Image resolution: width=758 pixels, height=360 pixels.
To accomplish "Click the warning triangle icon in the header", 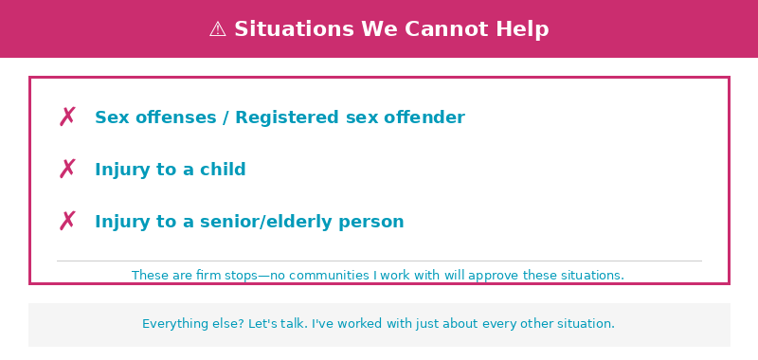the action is [x=218, y=29].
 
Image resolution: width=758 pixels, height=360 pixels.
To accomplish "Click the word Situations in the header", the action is [x=295, y=29].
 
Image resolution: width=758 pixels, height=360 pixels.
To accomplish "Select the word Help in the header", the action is [x=526, y=29].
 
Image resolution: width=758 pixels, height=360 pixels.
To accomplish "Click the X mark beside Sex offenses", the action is [x=67, y=117].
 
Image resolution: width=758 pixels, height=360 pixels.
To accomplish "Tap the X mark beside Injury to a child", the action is [x=67, y=170].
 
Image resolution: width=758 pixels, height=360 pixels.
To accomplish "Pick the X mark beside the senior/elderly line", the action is [x=67, y=222].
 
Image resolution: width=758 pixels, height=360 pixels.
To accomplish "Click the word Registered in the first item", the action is [x=287, y=117].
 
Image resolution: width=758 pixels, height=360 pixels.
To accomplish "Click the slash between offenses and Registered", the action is [x=226, y=117].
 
